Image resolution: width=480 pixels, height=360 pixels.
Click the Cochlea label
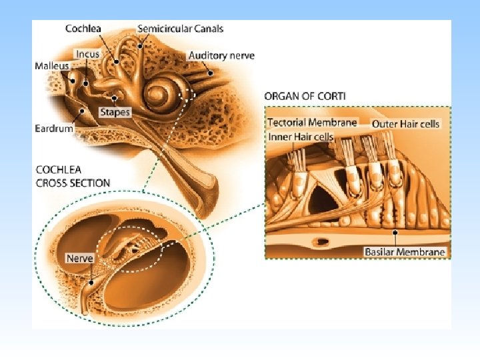[x=84, y=28]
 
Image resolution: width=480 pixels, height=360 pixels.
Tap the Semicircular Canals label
[x=180, y=28]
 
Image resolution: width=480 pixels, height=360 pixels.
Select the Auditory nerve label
[x=221, y=55]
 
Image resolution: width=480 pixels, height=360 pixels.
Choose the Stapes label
[x=115, y=111]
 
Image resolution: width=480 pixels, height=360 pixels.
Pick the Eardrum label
[x=54, y=128]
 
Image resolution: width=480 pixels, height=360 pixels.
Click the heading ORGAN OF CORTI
[x=305, y=96]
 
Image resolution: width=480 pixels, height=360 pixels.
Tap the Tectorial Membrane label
[x=312, y=123]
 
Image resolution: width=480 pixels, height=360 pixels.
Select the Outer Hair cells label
[x=405, y=123]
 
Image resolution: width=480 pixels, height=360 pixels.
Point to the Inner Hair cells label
[x=301, y=137]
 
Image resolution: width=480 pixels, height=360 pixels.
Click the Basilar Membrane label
[x=405, y=252]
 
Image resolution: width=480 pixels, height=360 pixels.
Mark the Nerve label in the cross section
[x=79, y=258]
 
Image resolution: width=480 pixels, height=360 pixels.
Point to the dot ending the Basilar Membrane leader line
[x=397, y=233]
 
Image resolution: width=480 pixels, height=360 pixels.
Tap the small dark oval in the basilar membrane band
[x=324, y=241]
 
